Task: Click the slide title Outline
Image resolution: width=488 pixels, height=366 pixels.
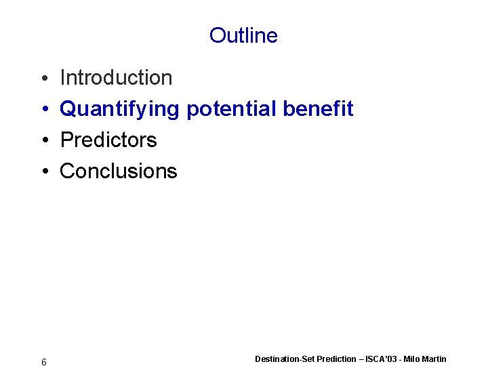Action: [x=243, y=35]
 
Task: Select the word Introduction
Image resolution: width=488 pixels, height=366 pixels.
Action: [x=116, y=78]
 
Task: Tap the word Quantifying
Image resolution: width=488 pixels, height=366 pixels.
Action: [x=120, y=109]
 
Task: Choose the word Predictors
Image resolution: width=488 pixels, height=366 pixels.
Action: [x=108, y=140]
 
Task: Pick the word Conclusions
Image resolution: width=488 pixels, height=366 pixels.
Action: [x=119, y=171]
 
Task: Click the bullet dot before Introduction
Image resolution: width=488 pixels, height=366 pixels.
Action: [x=43, y=79]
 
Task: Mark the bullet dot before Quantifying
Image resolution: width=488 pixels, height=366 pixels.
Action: [x=43, y=110]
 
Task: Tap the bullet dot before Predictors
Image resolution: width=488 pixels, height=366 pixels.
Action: [x=43, y=141]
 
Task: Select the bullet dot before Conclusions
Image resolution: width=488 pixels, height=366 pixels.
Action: [x=43, y=172]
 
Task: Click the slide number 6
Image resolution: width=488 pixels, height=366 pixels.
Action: [x=44, y=363]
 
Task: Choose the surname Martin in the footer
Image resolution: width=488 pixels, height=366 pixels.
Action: [x=435, y=359]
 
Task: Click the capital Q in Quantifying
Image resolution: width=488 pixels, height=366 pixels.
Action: [x=68, y=108]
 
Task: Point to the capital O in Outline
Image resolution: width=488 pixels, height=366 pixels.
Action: [x=217, y=35]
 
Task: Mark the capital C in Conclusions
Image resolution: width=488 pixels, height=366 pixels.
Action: [x=67, y=171]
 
